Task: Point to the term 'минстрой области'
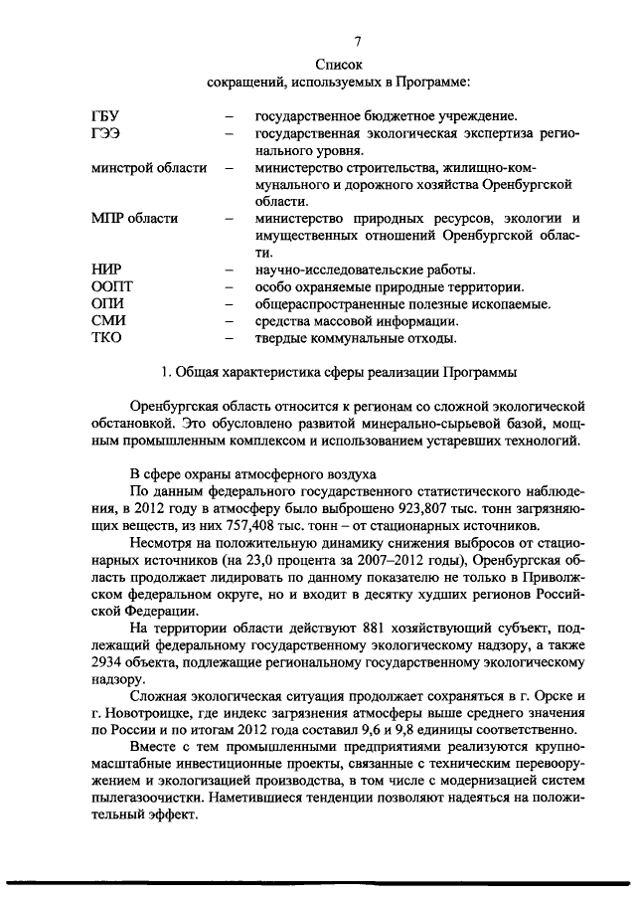pyautogui.click(x=148, y=168)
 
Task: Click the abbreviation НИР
pyautogui.click(x=107, y=270)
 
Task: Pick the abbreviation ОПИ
pyautogui.click(x=107, y=303)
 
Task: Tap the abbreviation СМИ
pyautogui.click(x=108, y=320)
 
